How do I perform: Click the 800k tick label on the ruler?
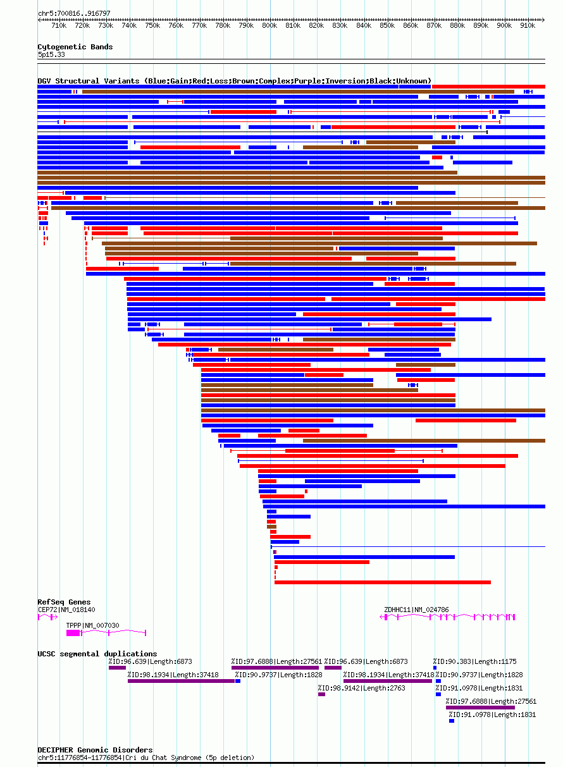coord(269,26)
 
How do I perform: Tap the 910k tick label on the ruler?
coord(528,26)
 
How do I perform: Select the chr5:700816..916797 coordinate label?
coord(74,13)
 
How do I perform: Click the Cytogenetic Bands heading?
coord(75,47)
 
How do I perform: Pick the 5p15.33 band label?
coord(51,54)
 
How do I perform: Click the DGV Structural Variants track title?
coord(234,81)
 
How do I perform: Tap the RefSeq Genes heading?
coord(64,602)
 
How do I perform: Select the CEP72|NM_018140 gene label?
coord(66,610)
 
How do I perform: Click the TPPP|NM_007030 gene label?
coord(92,625)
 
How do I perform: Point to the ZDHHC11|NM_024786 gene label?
coord(416,610)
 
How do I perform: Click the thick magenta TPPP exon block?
coord(73,632)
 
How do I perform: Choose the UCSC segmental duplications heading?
coord(97,654)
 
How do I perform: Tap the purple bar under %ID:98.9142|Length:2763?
coord(321,694)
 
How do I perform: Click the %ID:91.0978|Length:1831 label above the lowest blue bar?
coord(492,715)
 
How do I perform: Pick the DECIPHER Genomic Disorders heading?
coord(95,750)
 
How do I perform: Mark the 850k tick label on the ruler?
coord(387,26)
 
